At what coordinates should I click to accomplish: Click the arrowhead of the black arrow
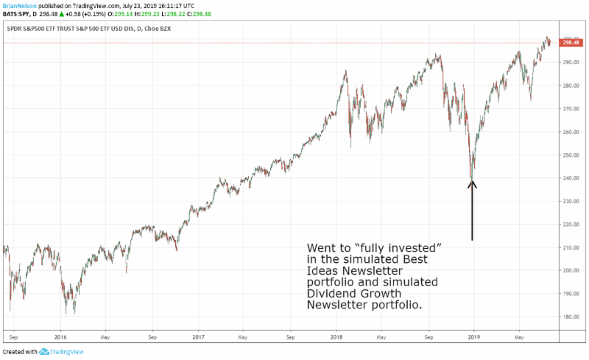(x=473, y=183)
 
